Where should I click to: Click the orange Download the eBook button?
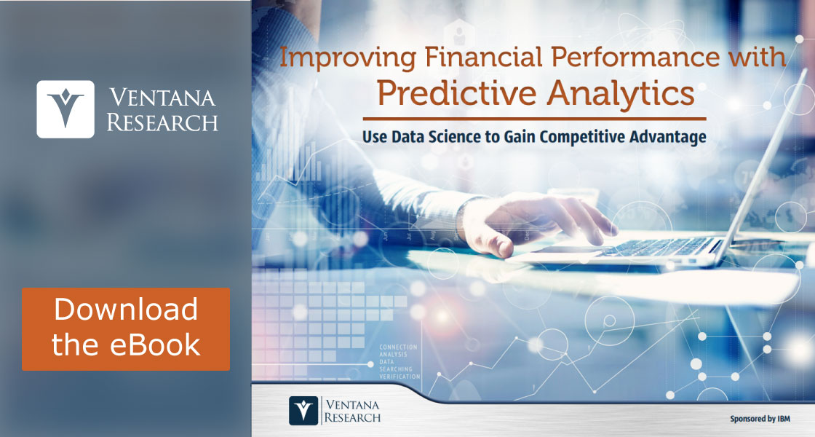click(126, 328)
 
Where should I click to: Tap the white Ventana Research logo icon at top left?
click(65, 109)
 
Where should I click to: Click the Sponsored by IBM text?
click(760, 419)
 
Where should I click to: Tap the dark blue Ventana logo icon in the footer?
click(303, 411)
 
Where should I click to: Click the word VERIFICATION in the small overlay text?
click(399, 377)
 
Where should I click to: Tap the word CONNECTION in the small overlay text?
click(398, 347)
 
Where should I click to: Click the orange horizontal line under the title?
click(534, 119)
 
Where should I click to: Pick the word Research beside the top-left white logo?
click(162, 123)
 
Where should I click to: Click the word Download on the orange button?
click(126, 310)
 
